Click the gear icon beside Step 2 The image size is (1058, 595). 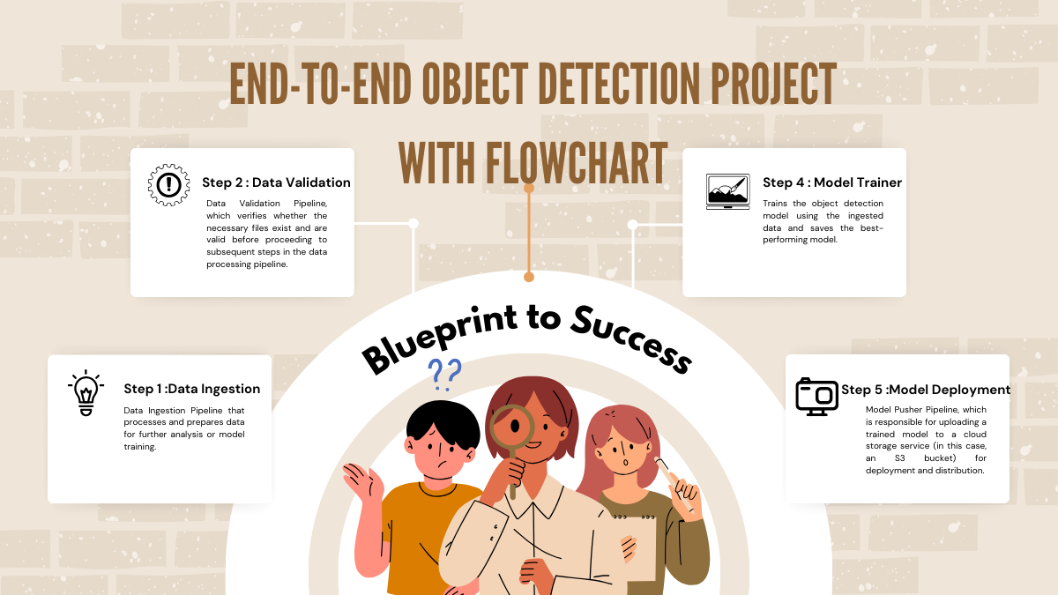point(168,184)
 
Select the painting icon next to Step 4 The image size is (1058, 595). point(727,190)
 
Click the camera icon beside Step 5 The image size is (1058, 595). point(816,396)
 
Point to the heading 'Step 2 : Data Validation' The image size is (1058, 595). point(276,182)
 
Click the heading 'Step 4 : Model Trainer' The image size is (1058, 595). point(831,182)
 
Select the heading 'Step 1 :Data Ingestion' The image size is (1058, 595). point(191,389)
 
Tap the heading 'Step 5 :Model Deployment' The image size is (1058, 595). point(926,390)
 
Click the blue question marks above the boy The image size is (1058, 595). point(443,375)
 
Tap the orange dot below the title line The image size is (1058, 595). point(529,277)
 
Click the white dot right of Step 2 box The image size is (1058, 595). point(413,224)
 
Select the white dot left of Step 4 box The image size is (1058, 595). point(632,225)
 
